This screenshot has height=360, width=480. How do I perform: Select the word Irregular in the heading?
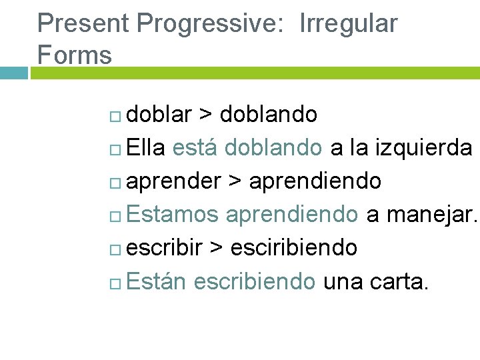349,24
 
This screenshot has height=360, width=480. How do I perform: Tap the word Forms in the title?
75,55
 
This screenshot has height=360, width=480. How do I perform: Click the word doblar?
159,115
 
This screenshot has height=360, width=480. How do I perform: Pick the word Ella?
145,148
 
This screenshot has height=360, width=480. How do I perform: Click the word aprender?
173,181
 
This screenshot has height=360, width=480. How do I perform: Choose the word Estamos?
171,215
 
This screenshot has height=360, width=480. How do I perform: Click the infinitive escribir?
164,248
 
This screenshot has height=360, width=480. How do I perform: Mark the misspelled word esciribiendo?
293,248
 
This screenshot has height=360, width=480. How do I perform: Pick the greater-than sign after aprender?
235,181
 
